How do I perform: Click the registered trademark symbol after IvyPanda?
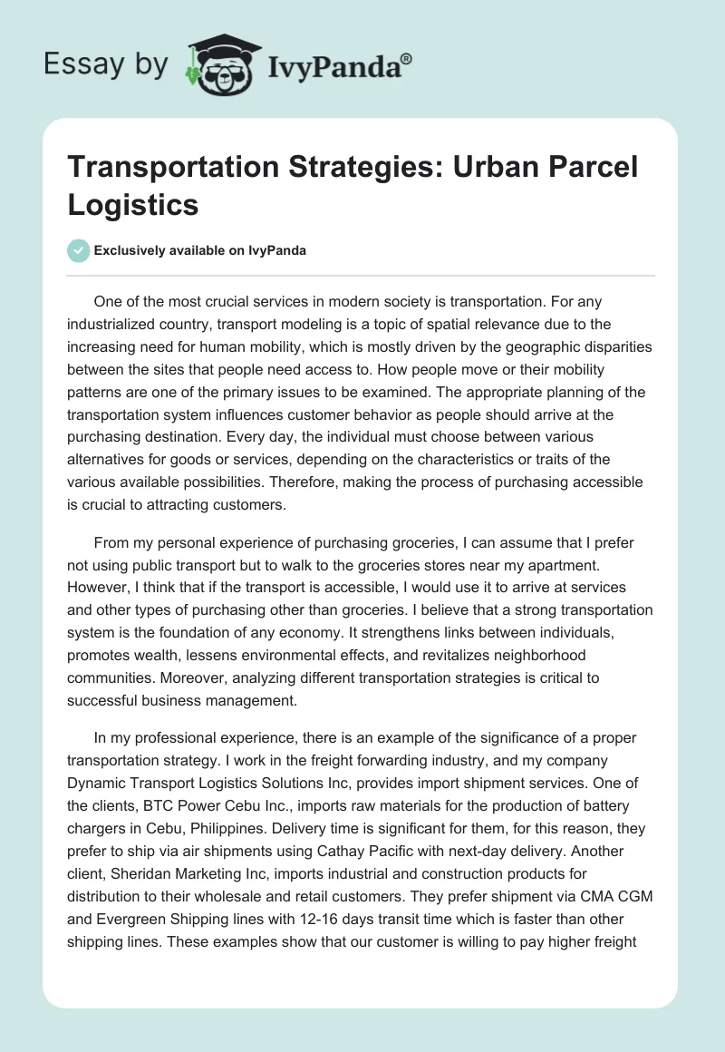point(407,59)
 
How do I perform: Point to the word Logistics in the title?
point(132,204)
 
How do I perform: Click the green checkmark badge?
point(79,250)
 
